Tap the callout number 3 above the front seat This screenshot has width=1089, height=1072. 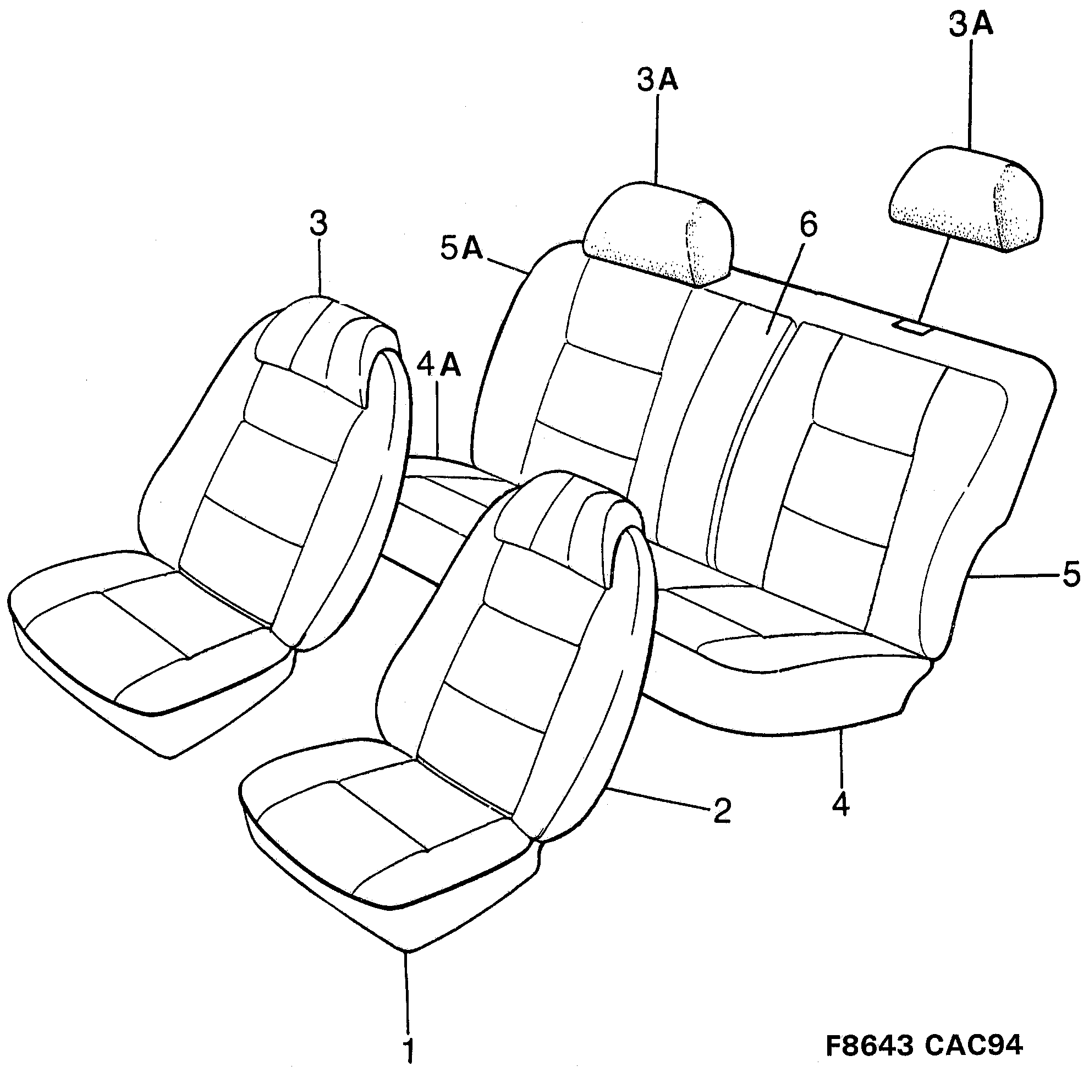(x=318, y=223)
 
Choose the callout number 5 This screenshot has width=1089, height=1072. (x=1071, y=574)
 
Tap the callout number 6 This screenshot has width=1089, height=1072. (x=807, y=225)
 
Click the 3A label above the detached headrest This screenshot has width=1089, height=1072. (x=971, y=26)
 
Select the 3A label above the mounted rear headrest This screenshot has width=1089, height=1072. (x=657, y=80)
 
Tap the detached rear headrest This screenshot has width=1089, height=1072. (x=966, y=200)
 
